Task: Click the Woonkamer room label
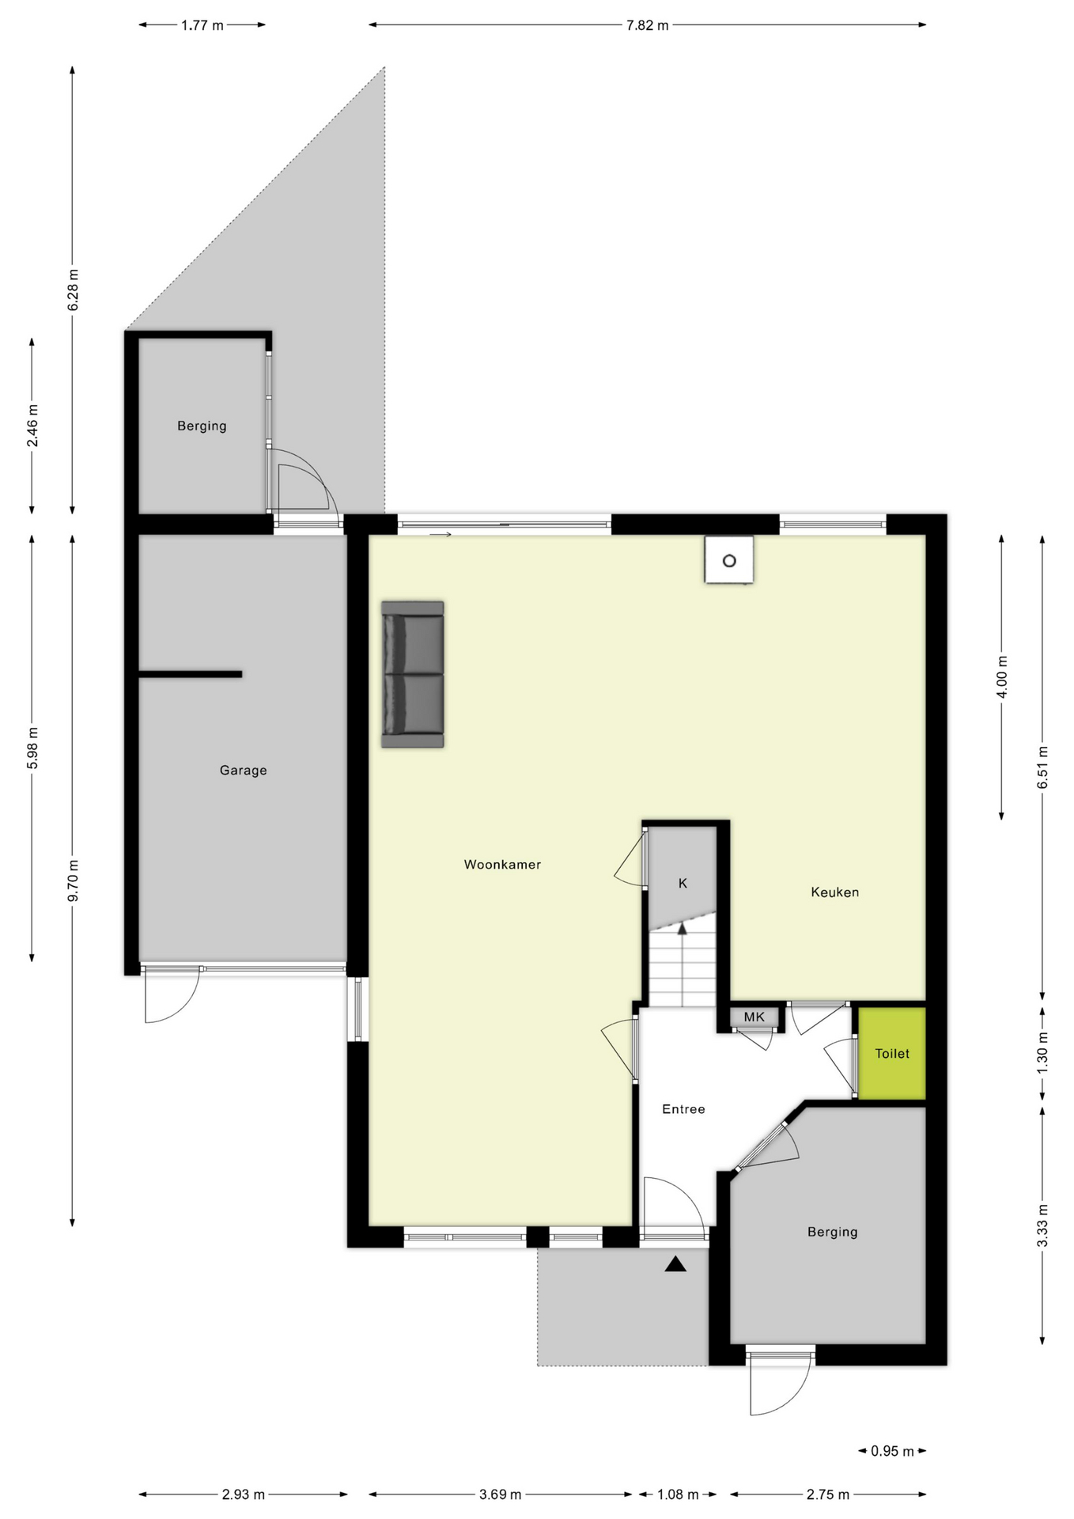[502, 865]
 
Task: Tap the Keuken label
[834, 892]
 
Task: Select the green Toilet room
[892, 1054]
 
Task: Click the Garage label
[243, 771]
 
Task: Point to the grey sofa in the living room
[412, 674]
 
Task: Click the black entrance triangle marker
[675, 1264]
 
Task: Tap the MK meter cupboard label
[754, 1017]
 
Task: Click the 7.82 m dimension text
[647, 25]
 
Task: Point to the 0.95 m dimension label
[892, 1452]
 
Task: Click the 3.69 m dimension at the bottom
[500, 1494]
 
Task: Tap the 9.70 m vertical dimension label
[73, 881]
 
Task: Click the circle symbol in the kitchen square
[729, 561]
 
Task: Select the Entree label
[683, 1109]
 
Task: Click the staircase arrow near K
[683, 930]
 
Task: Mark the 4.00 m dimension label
[1002, 677]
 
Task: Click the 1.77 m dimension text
[202, 25]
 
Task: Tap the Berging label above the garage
[202, 426]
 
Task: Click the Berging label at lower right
[832, 1232]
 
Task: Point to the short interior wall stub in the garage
[191, 674]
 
